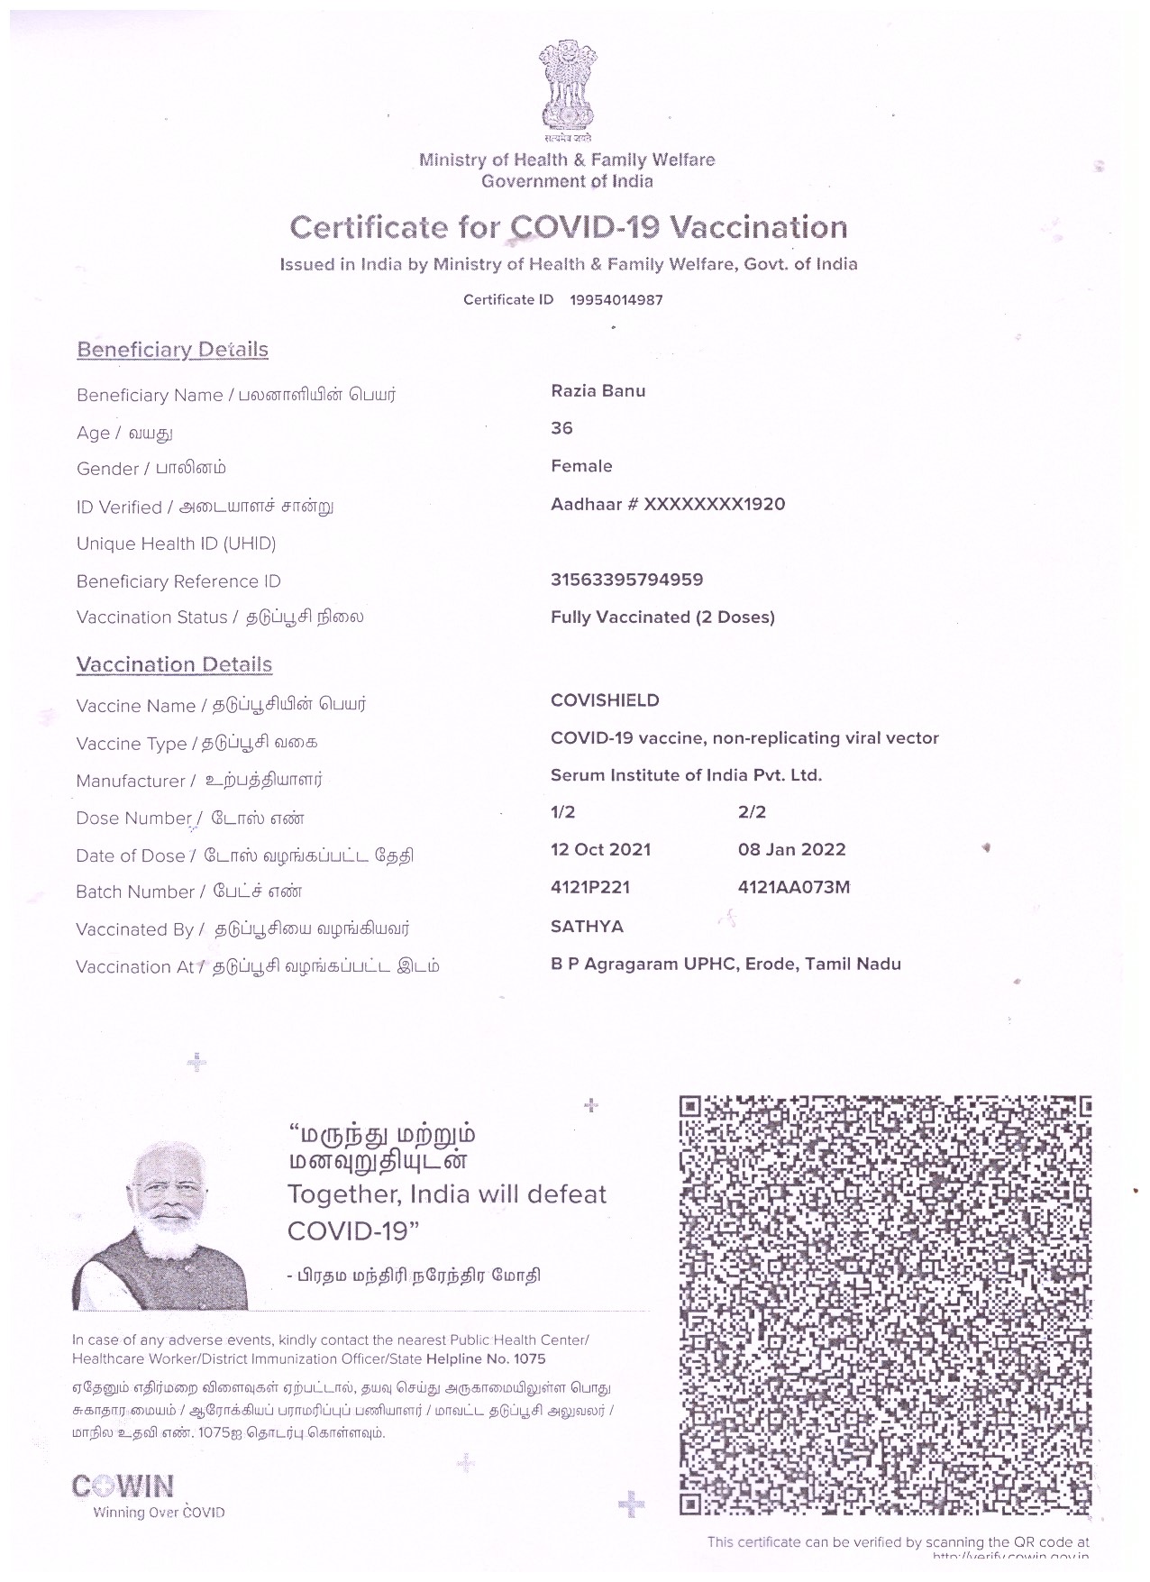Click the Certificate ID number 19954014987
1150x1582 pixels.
click(x=616, y=300)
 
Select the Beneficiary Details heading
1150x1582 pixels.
click(x=172, y=350)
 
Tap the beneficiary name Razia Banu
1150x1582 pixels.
click(x=598, y=391)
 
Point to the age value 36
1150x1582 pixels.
click(x=561, y=428)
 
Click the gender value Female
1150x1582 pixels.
click(x=581, y=466)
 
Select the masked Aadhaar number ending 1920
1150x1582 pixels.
click(x=668, y=504)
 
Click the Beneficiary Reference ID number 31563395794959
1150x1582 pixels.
click(x=626, y=580)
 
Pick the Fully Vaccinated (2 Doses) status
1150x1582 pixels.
click(x=662, y=617)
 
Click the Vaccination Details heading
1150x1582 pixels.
click(x=174, y=665)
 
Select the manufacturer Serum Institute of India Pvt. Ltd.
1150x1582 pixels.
click(x=686, y=775)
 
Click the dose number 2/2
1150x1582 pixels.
click(x=752, y=812)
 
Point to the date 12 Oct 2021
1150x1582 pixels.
click(x=600, y=850)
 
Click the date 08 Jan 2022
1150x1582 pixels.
click(x=791, y=850)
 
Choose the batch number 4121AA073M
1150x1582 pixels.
click(x=793, y=887)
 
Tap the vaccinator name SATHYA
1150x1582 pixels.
click(x=587, y=927)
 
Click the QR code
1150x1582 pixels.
click(x=884, y=1308)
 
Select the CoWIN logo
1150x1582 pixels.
click(x=123, y=1486)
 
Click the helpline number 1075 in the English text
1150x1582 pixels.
click(x=529, y=1358)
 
